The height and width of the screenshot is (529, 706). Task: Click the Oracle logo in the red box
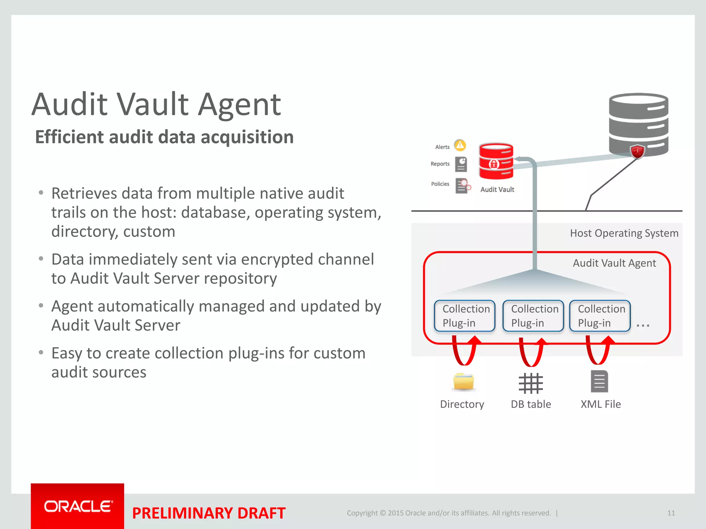78,506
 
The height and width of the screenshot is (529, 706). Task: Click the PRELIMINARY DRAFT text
209,513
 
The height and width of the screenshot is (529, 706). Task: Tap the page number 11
671,513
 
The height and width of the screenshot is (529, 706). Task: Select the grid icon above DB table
531,383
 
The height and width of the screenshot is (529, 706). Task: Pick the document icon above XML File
599,382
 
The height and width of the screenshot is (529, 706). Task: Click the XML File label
601,404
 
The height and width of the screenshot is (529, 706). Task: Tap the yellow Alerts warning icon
460,145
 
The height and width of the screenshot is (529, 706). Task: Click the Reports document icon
461,164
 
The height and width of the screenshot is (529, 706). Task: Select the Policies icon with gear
462,186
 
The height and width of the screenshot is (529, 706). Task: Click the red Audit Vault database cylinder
496,162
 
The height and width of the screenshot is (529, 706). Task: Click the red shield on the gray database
637,152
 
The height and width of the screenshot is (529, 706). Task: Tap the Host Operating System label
624,233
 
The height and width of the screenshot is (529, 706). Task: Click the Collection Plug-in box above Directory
464,316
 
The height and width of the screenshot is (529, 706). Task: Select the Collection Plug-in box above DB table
533,316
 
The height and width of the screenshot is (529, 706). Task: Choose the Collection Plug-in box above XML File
600,316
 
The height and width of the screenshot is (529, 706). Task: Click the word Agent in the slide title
240,104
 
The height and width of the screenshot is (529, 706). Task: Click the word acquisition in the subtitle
247,137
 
